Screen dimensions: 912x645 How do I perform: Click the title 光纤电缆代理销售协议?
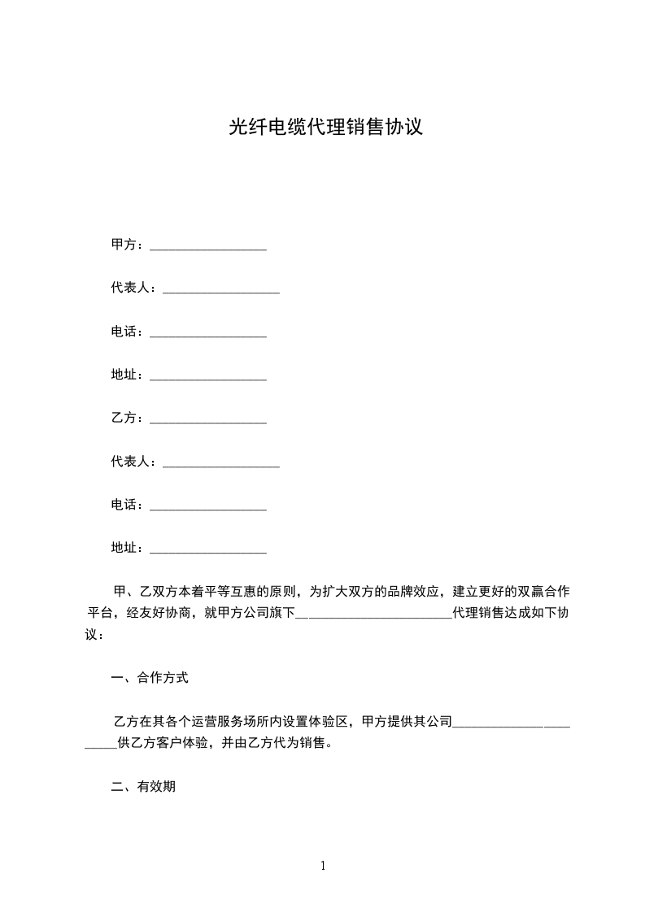325,127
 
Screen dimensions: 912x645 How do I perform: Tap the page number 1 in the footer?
323,866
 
